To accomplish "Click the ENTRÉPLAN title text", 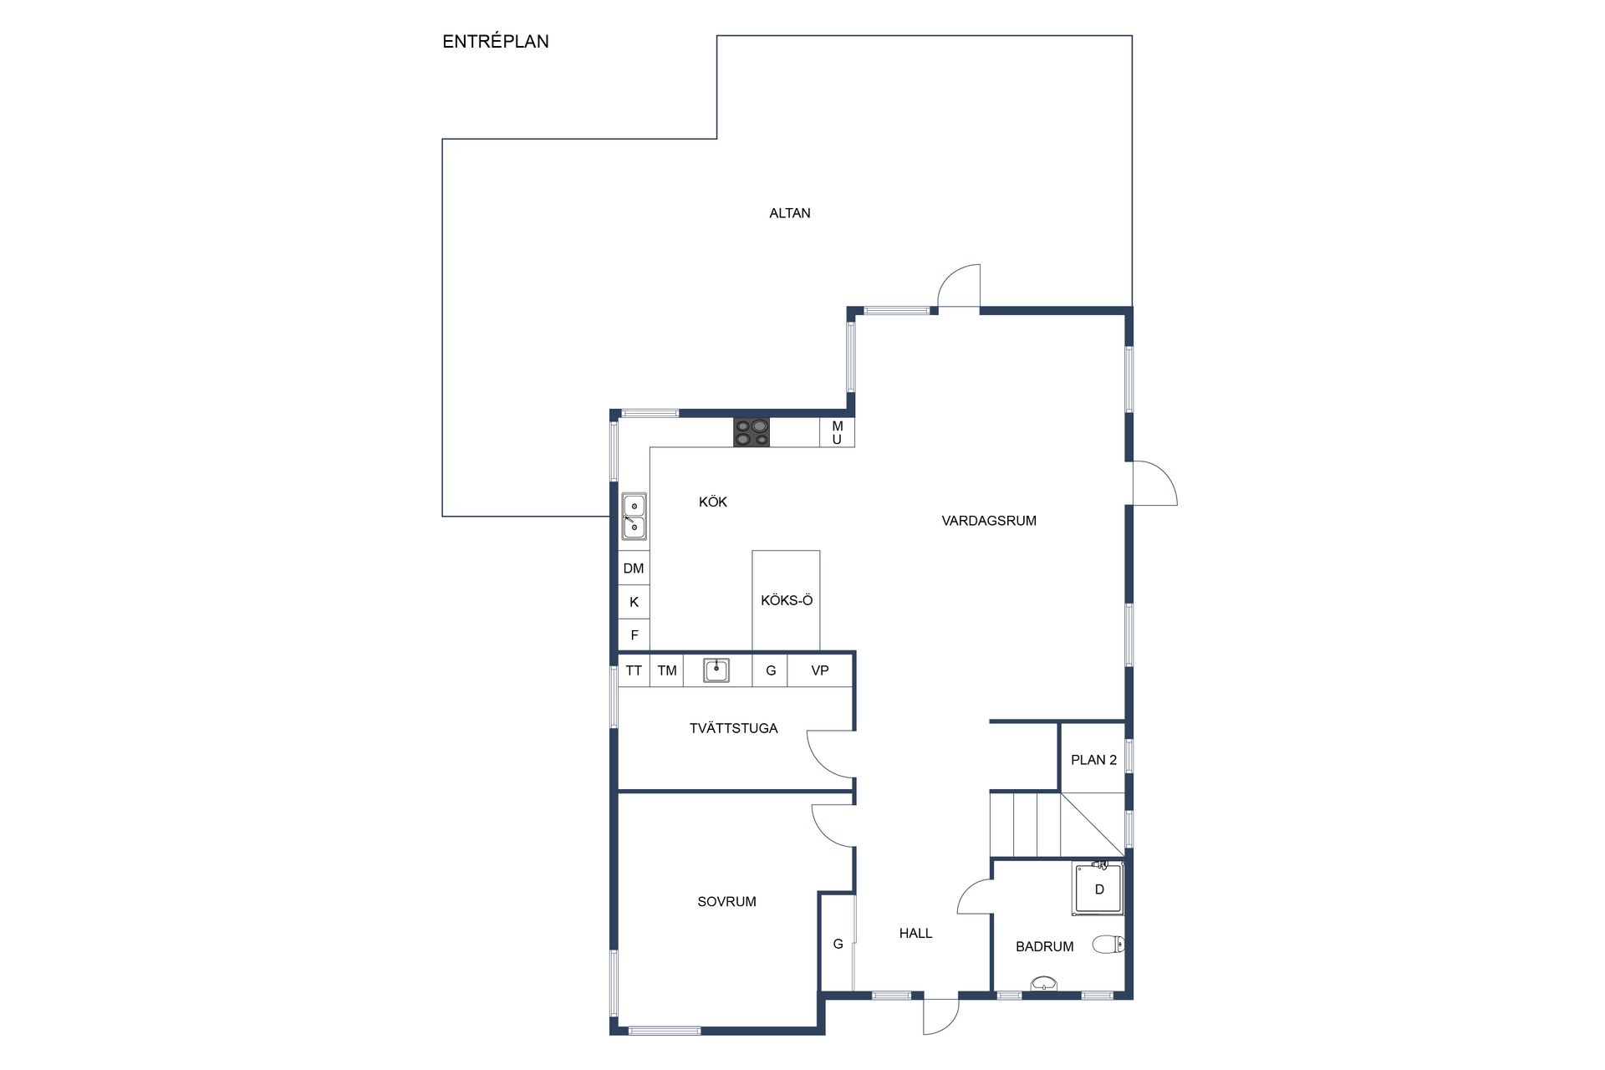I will (x=495, y=42).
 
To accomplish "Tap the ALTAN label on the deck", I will (x=789, y=213).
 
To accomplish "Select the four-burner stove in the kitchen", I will (x=752, y=432).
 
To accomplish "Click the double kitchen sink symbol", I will (x=634, y=516).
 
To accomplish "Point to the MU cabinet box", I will (x=837, y=432).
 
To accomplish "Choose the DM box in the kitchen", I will (x=634, y=568).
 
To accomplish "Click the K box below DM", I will (x=634, y=602).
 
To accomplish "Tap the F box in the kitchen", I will (x=634, y=635).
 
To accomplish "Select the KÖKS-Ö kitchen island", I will (x=786, y=600).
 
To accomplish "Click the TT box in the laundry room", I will (x=634, y=670).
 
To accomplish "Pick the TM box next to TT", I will (x=666, y=670).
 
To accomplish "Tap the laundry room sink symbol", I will (x=716, y=670).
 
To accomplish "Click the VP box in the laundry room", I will (x=819, y=670).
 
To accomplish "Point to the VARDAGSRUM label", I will (x=989, y=521).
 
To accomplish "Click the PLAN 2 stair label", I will (x=1093, y=760).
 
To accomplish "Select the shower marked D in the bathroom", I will (x=1098, y=889).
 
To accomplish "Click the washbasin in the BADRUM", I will (x=1043, y=984).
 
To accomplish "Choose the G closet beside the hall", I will (x=837, y=944).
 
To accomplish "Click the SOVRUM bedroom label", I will (x=726, y=901).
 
